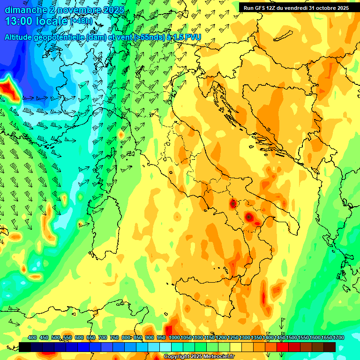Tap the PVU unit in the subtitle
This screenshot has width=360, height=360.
coord(193,37)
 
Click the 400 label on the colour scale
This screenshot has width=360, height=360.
coord(32,337)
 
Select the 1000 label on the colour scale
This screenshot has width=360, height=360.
coord(174,337)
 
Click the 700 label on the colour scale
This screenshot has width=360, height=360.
coord(103,337)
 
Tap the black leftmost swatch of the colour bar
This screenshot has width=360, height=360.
coord(25,347)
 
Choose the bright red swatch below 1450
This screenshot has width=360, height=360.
coord(283,347)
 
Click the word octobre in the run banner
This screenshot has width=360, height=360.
coord(324,8)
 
